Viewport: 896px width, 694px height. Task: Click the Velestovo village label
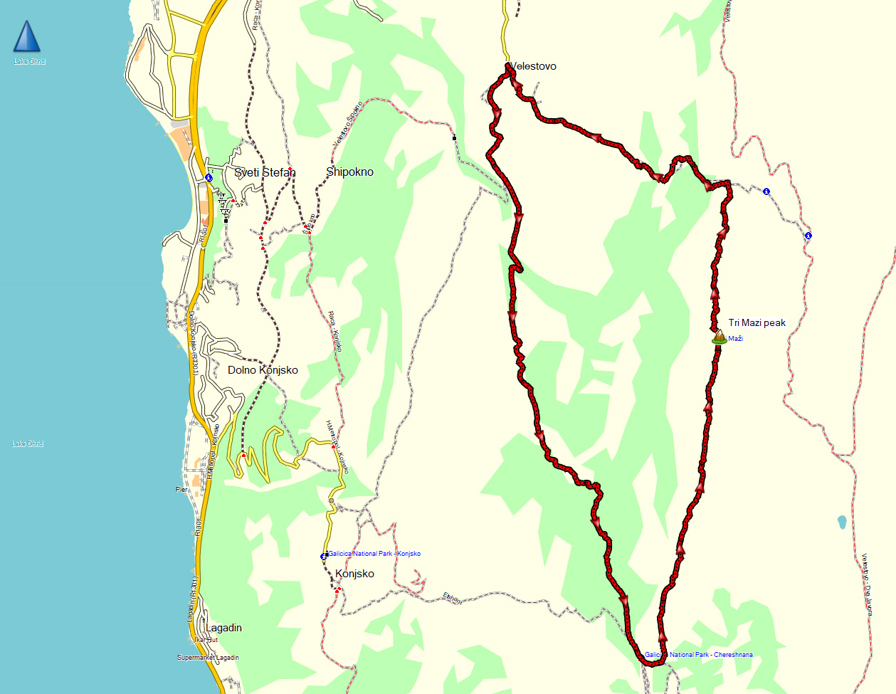534,66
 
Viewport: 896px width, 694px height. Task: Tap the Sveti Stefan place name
265,172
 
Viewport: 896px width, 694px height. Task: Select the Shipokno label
349,172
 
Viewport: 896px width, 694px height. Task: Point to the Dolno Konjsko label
263,370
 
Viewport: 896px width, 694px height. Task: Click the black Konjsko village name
354,574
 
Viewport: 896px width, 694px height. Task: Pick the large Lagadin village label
223,628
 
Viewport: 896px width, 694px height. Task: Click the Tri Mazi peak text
757,322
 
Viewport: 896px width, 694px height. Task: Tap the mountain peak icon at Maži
719,337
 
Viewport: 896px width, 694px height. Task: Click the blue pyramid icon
27,37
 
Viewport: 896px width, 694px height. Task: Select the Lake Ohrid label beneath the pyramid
29,62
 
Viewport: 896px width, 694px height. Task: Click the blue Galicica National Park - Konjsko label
374,554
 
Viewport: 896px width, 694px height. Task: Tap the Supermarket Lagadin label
208,658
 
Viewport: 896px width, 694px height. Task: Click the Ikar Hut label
206,640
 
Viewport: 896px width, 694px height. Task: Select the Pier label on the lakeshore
182,490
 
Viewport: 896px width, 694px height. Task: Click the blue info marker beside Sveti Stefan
208,177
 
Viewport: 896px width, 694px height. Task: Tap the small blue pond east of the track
843,522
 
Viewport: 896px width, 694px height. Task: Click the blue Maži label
736,339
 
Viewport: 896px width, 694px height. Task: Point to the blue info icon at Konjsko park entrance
324,556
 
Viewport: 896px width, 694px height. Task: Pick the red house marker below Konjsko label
338,589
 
